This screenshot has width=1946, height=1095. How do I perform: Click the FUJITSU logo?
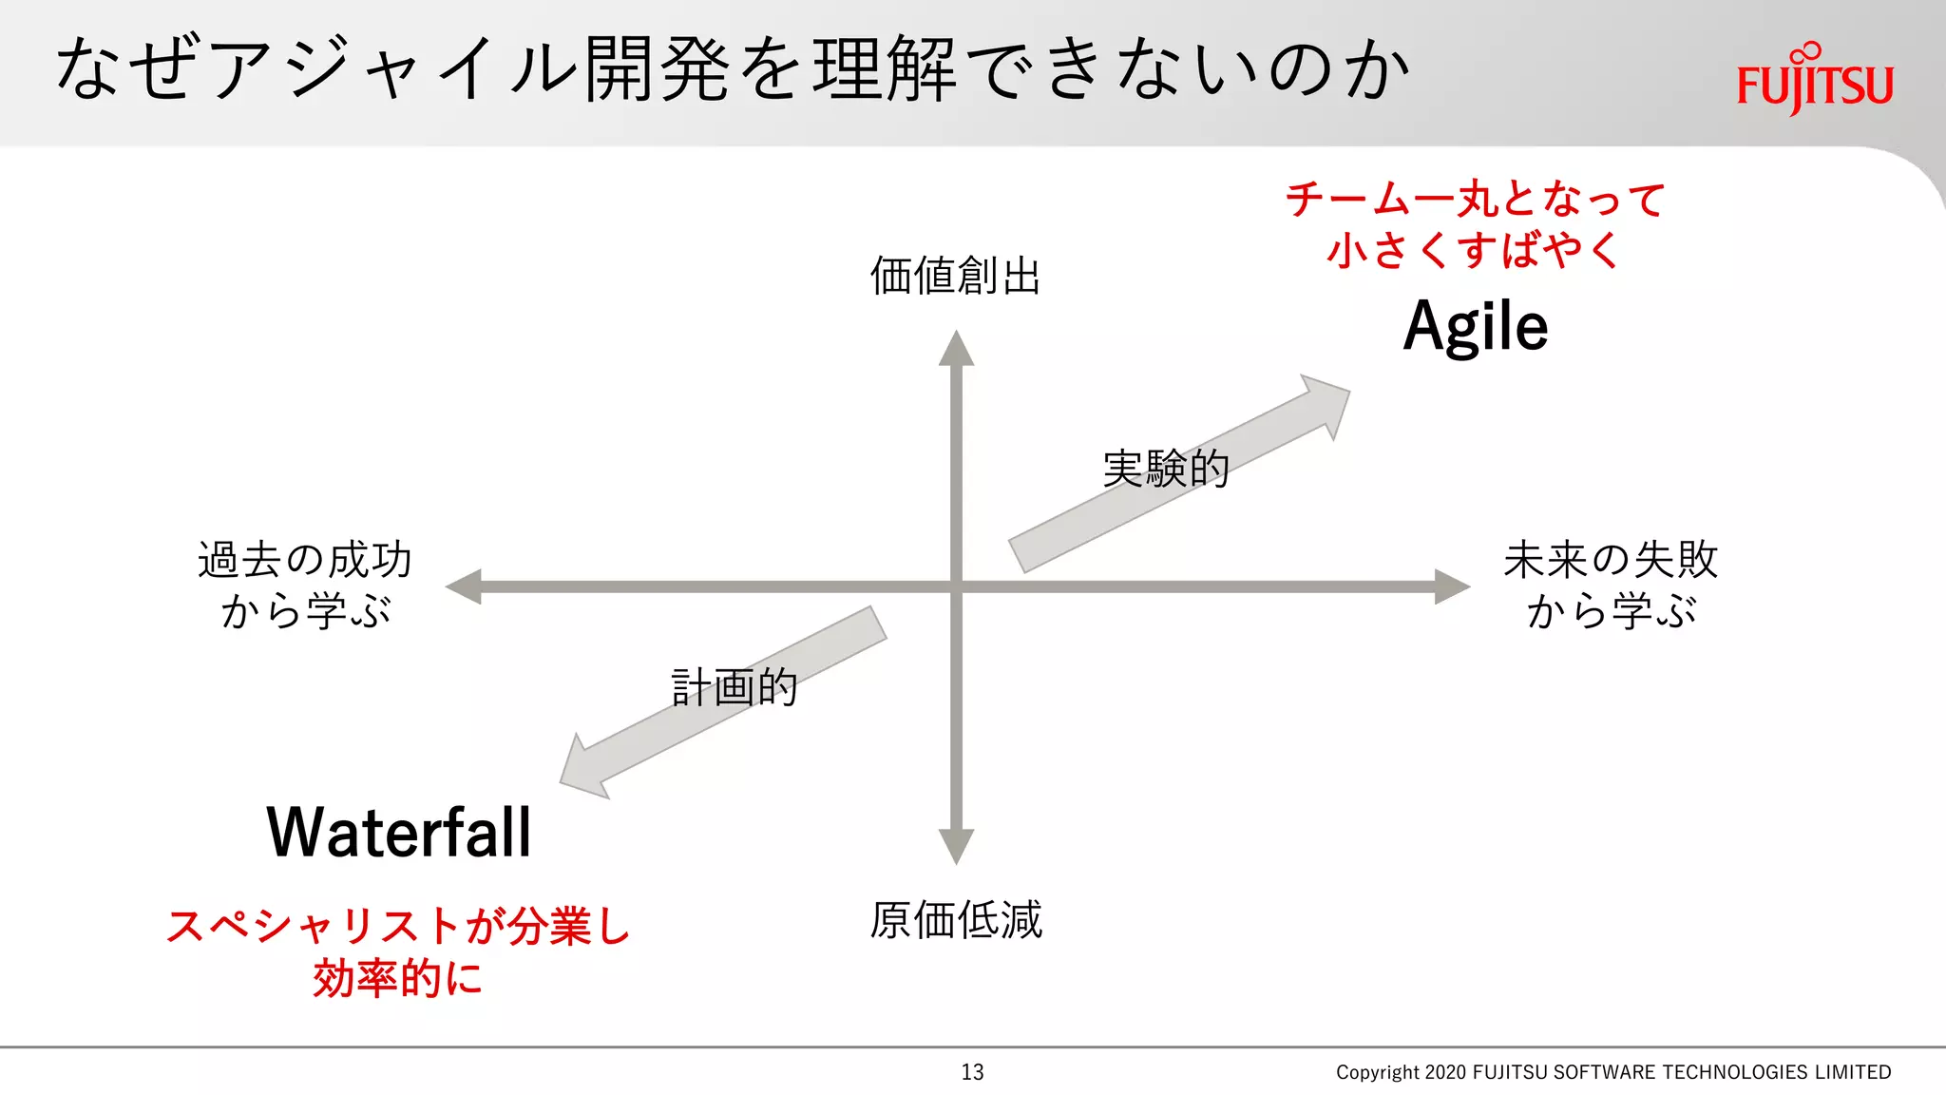pyautogui.click(x=1814, y=82)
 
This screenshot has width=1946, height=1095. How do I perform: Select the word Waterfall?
pyautogui.click(x=399, y=833)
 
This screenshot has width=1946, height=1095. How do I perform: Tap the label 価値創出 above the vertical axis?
pyautogui.click(x=955, y=277)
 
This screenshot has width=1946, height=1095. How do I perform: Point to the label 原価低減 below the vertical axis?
pyautogui.click(x=956, y=920)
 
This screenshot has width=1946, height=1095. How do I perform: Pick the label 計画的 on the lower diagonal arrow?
pyautogui.click(x=735, y=687)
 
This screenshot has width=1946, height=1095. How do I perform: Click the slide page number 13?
pyautogui.click(x=972, y=1072)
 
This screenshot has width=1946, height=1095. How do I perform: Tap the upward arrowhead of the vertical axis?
pyautogui.click(x=956, y=350)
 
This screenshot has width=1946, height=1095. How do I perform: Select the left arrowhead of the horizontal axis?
pyautogui.click(x=465, y=586)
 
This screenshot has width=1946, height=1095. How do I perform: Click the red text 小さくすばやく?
pyautogui.click(x=1474, y=251)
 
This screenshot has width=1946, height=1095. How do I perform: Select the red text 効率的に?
pyautogui.click(x=398, y=979)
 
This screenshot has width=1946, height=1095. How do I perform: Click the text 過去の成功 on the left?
pyautogui.click(x=305, y=559)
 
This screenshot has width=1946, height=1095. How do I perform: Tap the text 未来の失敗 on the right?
pyautogui.click(x=1611, y=559)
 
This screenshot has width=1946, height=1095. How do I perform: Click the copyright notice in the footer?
pyautogui.click(x=1612, y=1072)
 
